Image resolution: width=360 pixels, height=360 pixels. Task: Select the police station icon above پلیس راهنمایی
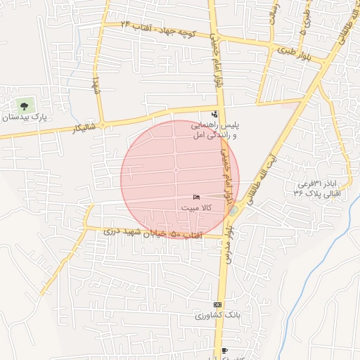214,114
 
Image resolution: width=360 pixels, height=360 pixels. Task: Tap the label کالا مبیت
196,209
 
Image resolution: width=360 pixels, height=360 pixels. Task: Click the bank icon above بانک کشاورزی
217,304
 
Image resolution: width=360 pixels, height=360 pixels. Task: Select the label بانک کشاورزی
217,316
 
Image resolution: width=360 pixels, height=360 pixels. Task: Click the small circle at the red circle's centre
176,170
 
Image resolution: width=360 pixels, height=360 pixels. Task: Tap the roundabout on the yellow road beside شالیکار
103,126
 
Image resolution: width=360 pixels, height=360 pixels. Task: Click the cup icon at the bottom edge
224,350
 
